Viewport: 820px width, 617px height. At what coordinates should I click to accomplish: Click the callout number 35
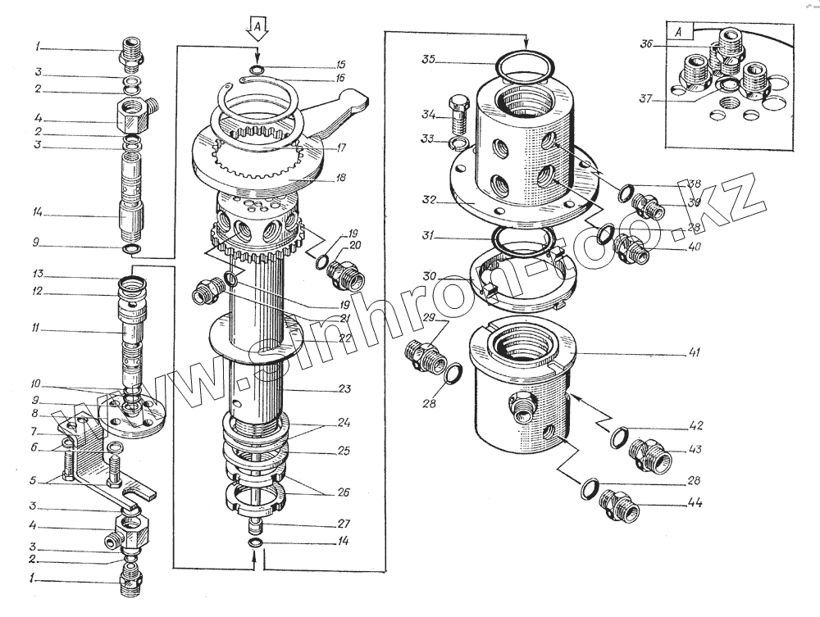click(x=430, y=60)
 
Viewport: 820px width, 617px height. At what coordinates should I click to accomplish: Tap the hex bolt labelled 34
click(x=458, y=117)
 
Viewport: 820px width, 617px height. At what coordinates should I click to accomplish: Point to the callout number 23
click(x=344, y=389)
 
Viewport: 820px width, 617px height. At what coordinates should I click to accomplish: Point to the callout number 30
click(x=429, y=274)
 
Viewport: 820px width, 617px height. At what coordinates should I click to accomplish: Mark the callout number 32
click(x=429, y=198)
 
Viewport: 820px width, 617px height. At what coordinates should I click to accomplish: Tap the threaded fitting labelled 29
click(x=425, y=355)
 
